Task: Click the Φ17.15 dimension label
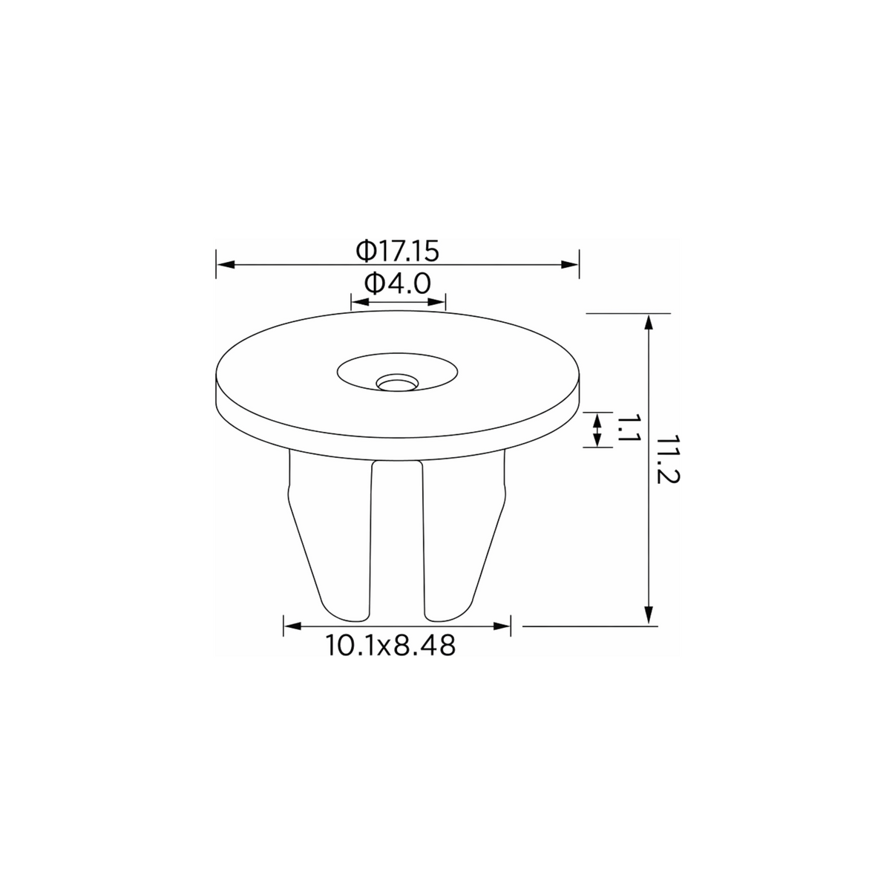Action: (x=397, y=251)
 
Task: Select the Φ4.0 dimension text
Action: (x=398, y=283)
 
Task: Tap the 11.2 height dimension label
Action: (x=669, y=459)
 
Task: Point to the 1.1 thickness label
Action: (x=629, y=429)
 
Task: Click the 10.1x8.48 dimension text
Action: (x=390, y=646)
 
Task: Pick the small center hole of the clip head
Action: (x=397, y=383)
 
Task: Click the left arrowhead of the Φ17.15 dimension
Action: (x=226, y=265)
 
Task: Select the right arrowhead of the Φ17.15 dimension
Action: (x=570, y=265)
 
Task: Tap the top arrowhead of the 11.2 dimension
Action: (x=649, y=322)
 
